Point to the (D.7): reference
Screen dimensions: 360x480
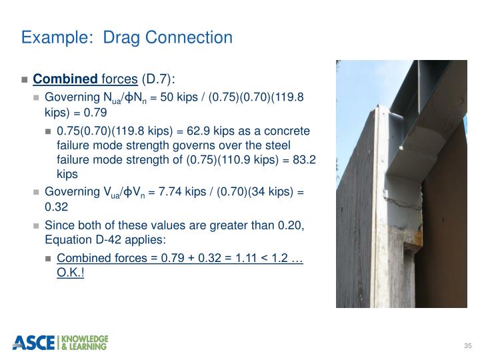(158, 79)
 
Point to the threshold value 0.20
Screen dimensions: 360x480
(290, 225)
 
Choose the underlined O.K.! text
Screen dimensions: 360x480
(71, 273)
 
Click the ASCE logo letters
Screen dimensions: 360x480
(33, 343)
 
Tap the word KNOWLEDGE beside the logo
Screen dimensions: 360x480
(84, 339)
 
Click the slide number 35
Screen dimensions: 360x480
(467, 345)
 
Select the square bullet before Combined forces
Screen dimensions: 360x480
(25, 80)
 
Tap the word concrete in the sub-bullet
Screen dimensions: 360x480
(289, 131)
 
